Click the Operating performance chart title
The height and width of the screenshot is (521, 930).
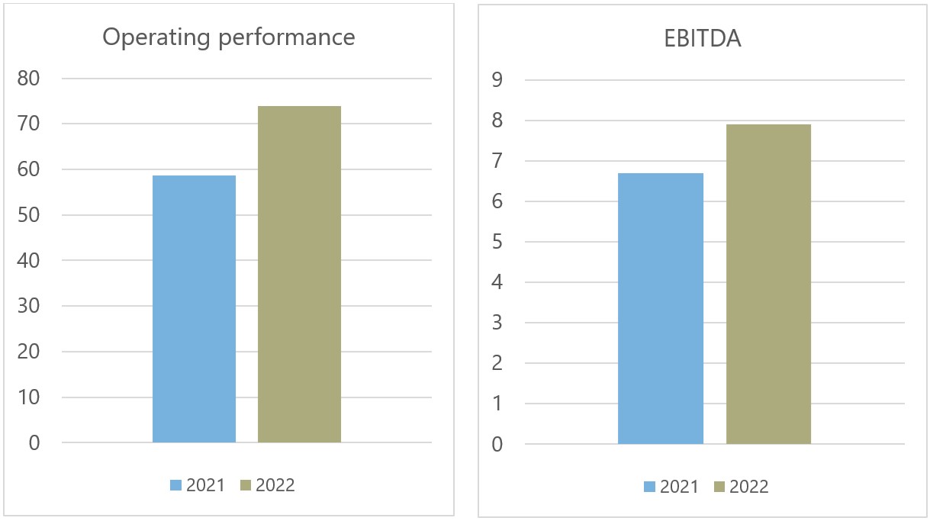[229, 37]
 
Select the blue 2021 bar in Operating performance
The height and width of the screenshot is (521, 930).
[194, 309]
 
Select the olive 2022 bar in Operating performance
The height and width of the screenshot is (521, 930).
[299, 275]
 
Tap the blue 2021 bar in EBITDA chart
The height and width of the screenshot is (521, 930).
[660, 309]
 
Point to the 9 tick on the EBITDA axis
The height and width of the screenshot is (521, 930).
[497, 80]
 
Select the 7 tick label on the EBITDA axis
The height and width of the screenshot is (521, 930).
[497, 161]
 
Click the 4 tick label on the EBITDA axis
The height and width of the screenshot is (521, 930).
[497, 282]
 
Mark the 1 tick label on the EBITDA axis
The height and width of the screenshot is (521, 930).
[497, 404]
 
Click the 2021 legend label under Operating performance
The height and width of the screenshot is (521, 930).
[206, 485]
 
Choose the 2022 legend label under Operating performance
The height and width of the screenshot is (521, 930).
[275, 485]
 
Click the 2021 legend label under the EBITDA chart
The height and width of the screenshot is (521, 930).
[680, 487]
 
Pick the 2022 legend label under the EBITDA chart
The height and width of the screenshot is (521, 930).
[749, 487]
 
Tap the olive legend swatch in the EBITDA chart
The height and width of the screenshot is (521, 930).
[719, 487]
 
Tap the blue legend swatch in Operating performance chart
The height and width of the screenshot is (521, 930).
[175, 485]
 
